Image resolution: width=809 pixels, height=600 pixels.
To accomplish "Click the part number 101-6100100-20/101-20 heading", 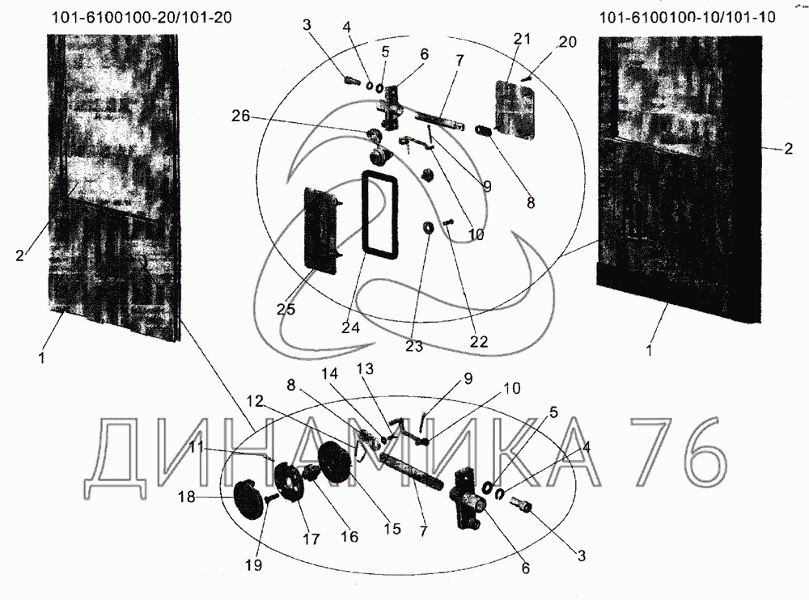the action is pos(142,18).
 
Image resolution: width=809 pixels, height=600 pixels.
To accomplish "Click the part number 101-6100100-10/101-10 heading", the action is pos(687,18).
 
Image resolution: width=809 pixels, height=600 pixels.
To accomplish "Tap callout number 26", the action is pos(240,116).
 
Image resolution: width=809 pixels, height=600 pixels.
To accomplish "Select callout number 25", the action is pos(286,309).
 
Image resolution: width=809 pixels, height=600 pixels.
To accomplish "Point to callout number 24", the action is pos(350,327).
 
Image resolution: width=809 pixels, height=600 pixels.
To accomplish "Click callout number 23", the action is pos(414,345).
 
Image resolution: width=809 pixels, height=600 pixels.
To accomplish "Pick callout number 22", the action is pos(479,341).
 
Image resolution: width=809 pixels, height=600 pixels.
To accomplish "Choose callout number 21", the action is pos(522,38).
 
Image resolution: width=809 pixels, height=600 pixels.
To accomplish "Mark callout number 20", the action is pos(567,42).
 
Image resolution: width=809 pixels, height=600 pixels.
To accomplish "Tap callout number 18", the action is pos(187,497).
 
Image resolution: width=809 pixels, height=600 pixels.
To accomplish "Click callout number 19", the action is pos(253,565).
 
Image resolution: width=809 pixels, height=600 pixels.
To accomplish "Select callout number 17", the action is pos(311,539).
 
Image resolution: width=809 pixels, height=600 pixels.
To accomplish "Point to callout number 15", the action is pos(392,529).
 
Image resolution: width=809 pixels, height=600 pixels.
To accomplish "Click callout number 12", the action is pos(255,401).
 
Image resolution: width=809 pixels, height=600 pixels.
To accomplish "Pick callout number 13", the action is pos(365,369).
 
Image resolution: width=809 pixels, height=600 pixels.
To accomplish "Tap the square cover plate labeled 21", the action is pos(515,109).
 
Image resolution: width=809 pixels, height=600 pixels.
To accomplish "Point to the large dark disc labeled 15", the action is pos(335,463).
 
